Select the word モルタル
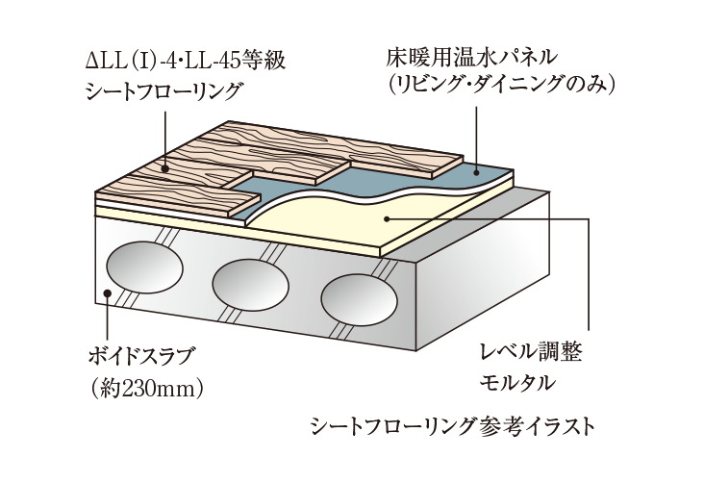[517, 382]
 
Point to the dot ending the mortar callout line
[387, 218]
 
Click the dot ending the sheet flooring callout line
[166, 169]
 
